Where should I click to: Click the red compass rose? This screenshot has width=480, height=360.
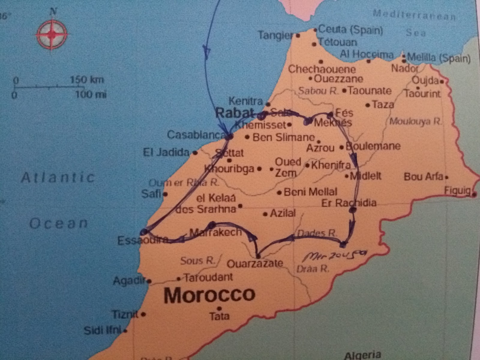coord(52,34)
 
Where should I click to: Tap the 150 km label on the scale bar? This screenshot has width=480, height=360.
coord(87,80)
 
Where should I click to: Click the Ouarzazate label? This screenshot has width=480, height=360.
coord(255,263)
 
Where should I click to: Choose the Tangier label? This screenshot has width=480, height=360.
coord(275,35)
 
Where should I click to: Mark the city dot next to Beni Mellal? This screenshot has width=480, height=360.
coord(279,193)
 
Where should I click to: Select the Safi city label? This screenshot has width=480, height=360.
coord(151,193)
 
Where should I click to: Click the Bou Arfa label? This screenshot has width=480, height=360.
coord(423,177)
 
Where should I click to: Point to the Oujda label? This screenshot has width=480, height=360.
coord(425,80)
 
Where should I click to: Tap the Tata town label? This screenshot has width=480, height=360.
coord(219,316)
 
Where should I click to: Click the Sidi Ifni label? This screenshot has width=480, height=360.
coord(102,330)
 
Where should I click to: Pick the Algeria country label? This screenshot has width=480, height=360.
coord(363,355)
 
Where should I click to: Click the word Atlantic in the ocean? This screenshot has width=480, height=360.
coord(58,178)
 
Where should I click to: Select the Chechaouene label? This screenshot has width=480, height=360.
coord(322,69)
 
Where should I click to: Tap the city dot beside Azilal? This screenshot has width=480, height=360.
coord(265,214)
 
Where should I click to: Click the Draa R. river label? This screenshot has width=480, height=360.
coord(313,268)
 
